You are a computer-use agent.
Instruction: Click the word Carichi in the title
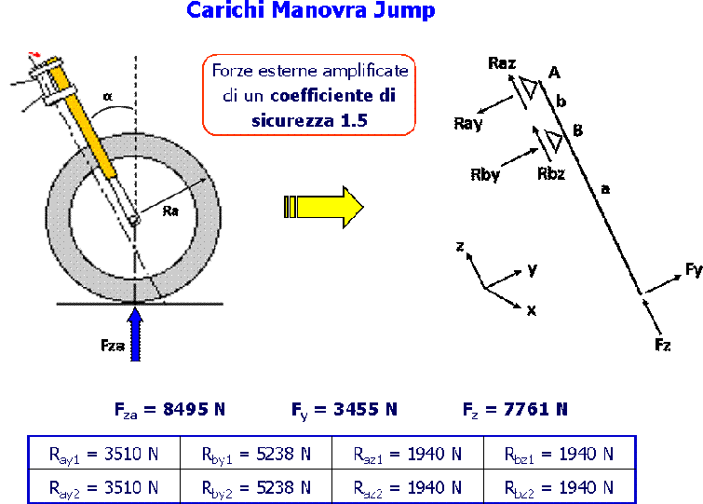(x=222, y=11)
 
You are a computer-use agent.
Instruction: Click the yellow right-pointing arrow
(x=323, y=207)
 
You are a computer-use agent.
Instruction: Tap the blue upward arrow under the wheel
(x=136, y=335)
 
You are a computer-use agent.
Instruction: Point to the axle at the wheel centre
(x=136, y=220)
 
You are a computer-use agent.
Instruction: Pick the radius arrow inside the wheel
(x=172, y=199)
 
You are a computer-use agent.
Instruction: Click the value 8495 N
(x=169, y=409)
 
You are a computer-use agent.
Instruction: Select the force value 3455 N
(x=344, y=409)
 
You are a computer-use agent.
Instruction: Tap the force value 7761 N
(x=515, y=409)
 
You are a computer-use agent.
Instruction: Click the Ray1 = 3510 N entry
(x=103, y=455)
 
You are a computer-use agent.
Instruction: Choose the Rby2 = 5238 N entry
(x=256, y=486)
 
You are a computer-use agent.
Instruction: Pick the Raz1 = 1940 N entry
(x=408, y=455)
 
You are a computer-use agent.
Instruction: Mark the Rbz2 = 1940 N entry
(x=559, y=486)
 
